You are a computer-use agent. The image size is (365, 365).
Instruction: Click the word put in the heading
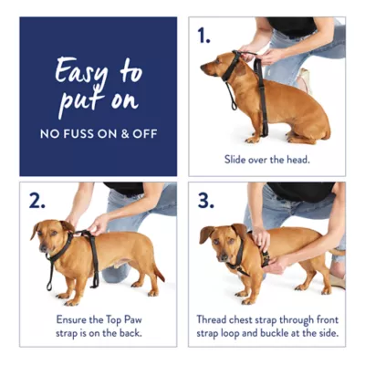(75, 100)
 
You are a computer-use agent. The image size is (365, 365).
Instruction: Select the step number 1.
(203, 36)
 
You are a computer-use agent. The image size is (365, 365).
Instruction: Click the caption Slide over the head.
(267, 159)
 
